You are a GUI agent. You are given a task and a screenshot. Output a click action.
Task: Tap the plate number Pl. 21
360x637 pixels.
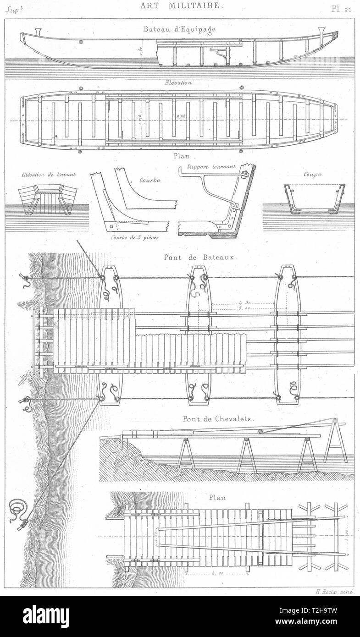tap(343, 7)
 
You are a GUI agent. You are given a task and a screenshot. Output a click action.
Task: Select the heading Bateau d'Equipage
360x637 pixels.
tap(179, 29)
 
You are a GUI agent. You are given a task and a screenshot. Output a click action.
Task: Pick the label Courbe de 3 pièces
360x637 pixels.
tap(132, 237)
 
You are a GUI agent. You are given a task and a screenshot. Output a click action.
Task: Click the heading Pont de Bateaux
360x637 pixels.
tap(199, 257)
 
